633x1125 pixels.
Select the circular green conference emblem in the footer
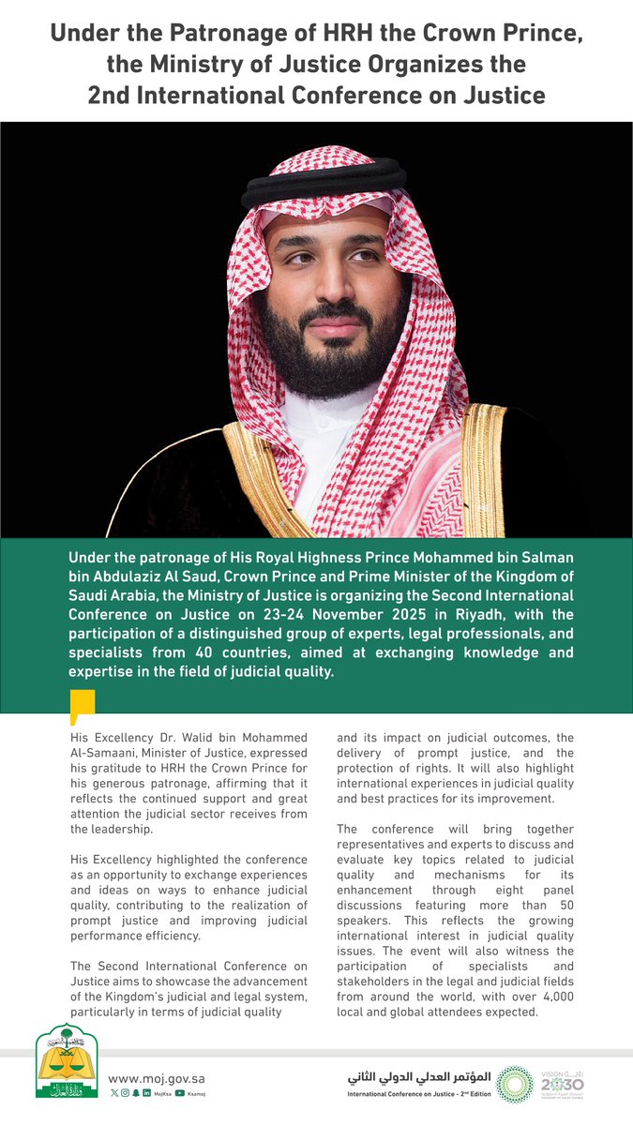point(514,1082)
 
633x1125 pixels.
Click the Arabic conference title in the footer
point(425,1075)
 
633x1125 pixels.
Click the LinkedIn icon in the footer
point(147,1093)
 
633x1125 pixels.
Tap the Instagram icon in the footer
point(126,1093)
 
